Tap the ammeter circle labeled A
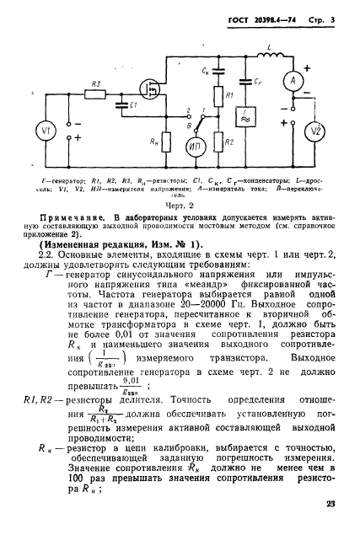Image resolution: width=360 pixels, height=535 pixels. [x=292, y=80]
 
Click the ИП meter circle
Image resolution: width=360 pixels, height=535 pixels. [x=195, y=147]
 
